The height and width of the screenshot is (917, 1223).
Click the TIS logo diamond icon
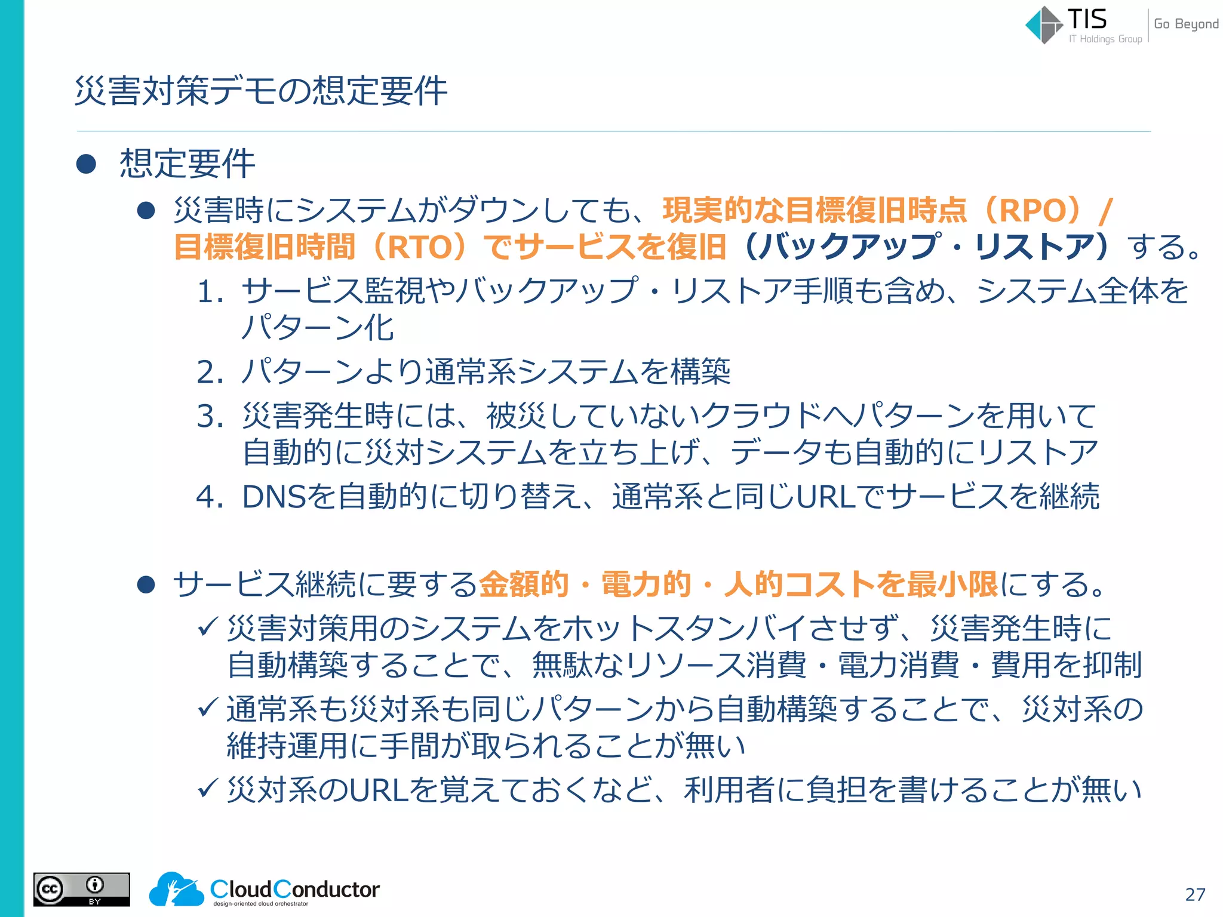(x=1044, y=25)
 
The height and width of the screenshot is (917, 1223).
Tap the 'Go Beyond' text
(x=1186, y=24)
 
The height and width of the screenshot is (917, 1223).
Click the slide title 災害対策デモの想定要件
(x=261, y=91)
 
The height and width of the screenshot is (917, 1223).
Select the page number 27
(x=1195, y=894)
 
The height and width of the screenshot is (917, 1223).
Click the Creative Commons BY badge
(x=82, y=889)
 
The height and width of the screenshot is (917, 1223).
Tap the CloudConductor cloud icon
(x=176, y=889)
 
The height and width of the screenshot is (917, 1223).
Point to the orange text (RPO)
(x=1040, y=210)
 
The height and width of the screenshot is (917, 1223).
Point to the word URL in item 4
(x=826, y=497)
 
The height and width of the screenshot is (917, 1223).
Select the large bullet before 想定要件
(x=87, y=164)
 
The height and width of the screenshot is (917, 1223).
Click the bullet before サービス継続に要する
(x=146, y=585)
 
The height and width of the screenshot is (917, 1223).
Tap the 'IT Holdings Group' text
(x=1105, y=39)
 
